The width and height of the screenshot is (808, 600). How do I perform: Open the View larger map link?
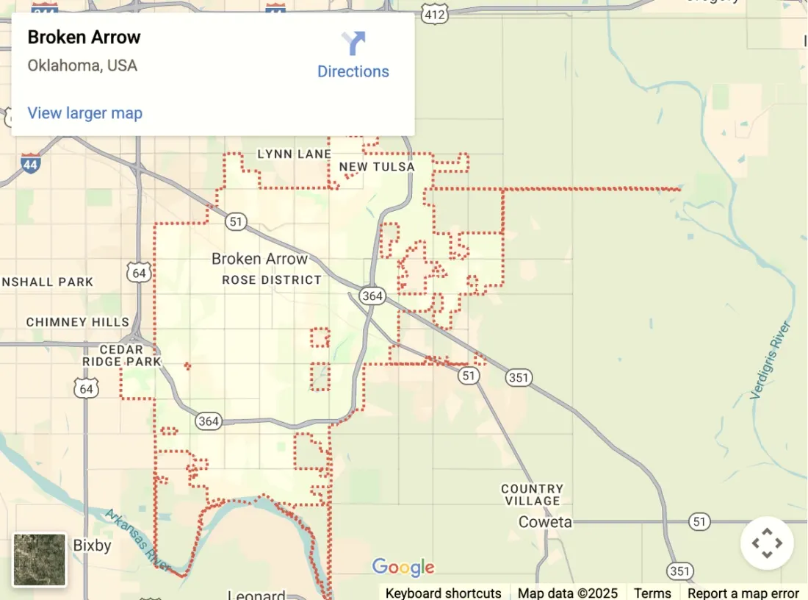pyautogui.click(x=84, y=113)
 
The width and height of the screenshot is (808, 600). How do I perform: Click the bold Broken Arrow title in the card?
pyautogui.click(x=84, y=37)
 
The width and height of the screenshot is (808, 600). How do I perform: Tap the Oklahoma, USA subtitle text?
pyautogui.click(x=82, y=65)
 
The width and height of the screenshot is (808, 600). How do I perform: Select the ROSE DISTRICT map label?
pyautogui.click(x=272, y=280)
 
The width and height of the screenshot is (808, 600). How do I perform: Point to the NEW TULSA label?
pyautogui.click(x=377, y=167)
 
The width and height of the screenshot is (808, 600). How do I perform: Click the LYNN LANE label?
pyautogui.click(x=294, y=154)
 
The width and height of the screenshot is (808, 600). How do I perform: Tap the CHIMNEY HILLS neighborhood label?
pyautogui.click(x=77, y=322)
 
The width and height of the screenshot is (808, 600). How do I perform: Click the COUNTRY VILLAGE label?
pyautogui.click(x=533, y=495)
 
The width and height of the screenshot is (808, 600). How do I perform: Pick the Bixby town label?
pyautogui.click(x=92, y=546)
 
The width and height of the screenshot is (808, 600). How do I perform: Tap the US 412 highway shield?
pyautogui.click(x=434, y=13)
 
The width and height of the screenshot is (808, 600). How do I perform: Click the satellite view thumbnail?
pyautogui.click(x=40, y=560)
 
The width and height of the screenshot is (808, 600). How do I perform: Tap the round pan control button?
pyautogui.click(x=767, y=543)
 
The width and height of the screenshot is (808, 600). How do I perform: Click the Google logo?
pyautogui.click(x=403, y=568)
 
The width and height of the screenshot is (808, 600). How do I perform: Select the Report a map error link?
pyautogui.click(x=743, y=593)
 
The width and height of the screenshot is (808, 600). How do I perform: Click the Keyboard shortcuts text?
pyautogui.click(x=443, y=593)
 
